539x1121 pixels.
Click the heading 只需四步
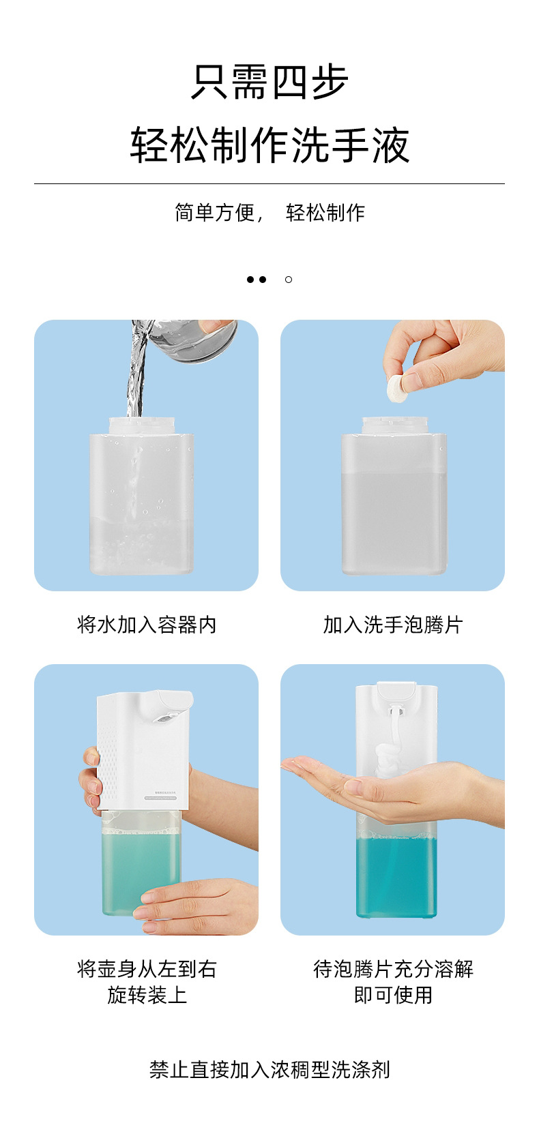pos(269,82)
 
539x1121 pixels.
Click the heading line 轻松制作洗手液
pos(269,145)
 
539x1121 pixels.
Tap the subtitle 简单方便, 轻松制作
pos(269,213)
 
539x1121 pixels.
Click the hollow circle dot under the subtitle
pos(289,280)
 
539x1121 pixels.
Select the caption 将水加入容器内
pos(146,625)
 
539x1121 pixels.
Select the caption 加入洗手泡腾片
pos(393,625)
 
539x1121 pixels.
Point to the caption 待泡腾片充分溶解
pos(393,970)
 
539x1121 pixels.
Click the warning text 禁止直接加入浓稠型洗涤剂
pos(269,1069)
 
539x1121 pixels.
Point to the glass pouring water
pos(193,340)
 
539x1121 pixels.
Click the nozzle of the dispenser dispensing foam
pos(396,709)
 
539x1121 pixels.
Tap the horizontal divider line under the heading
pos(269,183)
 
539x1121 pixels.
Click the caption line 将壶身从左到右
pos(147,970)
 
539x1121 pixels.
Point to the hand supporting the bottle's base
pos(198,908)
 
